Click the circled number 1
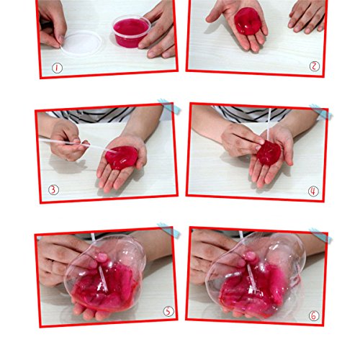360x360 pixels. coord(57,68)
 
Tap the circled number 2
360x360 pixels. coord(315,66)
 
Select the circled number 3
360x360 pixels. coord(53,190)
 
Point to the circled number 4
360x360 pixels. coord(313,192)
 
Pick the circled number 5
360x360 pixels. coord(168,311)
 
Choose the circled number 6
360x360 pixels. coord(313,315)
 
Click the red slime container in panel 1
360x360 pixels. coord(132,31)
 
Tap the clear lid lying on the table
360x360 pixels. coord(81,43)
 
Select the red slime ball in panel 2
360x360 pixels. coord(248,21)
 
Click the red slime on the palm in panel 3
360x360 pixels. coord(121,158)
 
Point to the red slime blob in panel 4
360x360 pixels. coord(269,153)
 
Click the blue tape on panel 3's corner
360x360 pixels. coord(168,106)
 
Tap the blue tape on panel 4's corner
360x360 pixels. coord(320,111)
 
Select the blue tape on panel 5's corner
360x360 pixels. coord(168,230)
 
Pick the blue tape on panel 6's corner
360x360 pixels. coord(320,235)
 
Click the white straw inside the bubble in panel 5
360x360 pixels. coord(102,278)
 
